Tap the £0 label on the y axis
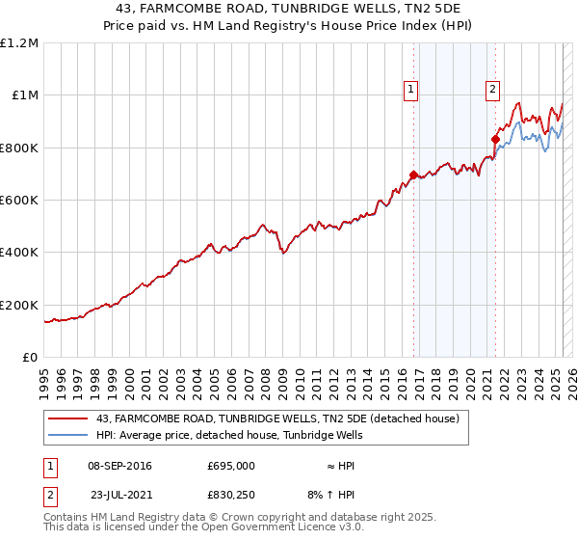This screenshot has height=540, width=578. coord(30,357)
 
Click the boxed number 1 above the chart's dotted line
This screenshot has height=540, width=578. coord(410,90)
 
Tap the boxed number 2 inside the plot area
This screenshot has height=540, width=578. coord(492,90)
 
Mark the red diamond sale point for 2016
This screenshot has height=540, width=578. coord(413,175)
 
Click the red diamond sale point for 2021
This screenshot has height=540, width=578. coord(495,140)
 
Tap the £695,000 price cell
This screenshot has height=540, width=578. coord(230,465)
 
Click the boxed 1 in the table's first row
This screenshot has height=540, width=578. coord(49,465)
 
